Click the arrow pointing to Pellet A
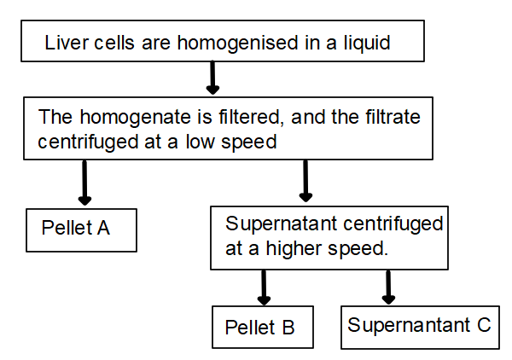click(84, 183)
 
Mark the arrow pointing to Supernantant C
click(389, 287)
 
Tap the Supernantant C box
click(420, 326)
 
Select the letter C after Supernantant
click(484, 325)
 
